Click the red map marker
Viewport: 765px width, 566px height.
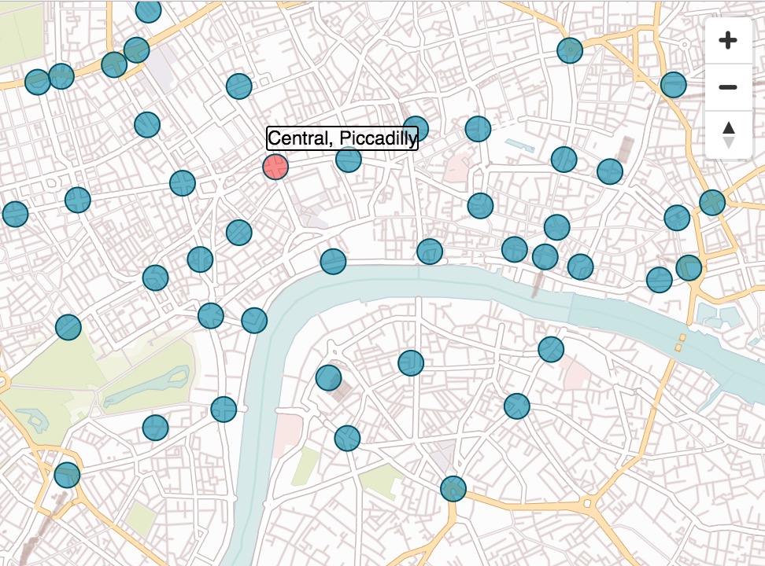(x=275, y=167)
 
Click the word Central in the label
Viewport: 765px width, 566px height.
(x=294, y=139)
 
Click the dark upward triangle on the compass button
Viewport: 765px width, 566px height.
(x=729, y=127)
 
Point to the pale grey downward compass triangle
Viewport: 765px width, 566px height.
(x=729, y=142)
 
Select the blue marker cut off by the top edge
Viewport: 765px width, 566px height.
(x=148, y=10)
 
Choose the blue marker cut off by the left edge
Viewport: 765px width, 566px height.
(x=14, y=213)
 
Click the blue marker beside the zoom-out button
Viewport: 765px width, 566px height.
(x=674, y=84)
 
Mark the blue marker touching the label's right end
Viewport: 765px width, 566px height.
(x=415, y=129)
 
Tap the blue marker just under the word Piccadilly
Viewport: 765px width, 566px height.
(x=348, y=160)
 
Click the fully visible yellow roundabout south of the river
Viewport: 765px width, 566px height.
(x=588, y=503)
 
